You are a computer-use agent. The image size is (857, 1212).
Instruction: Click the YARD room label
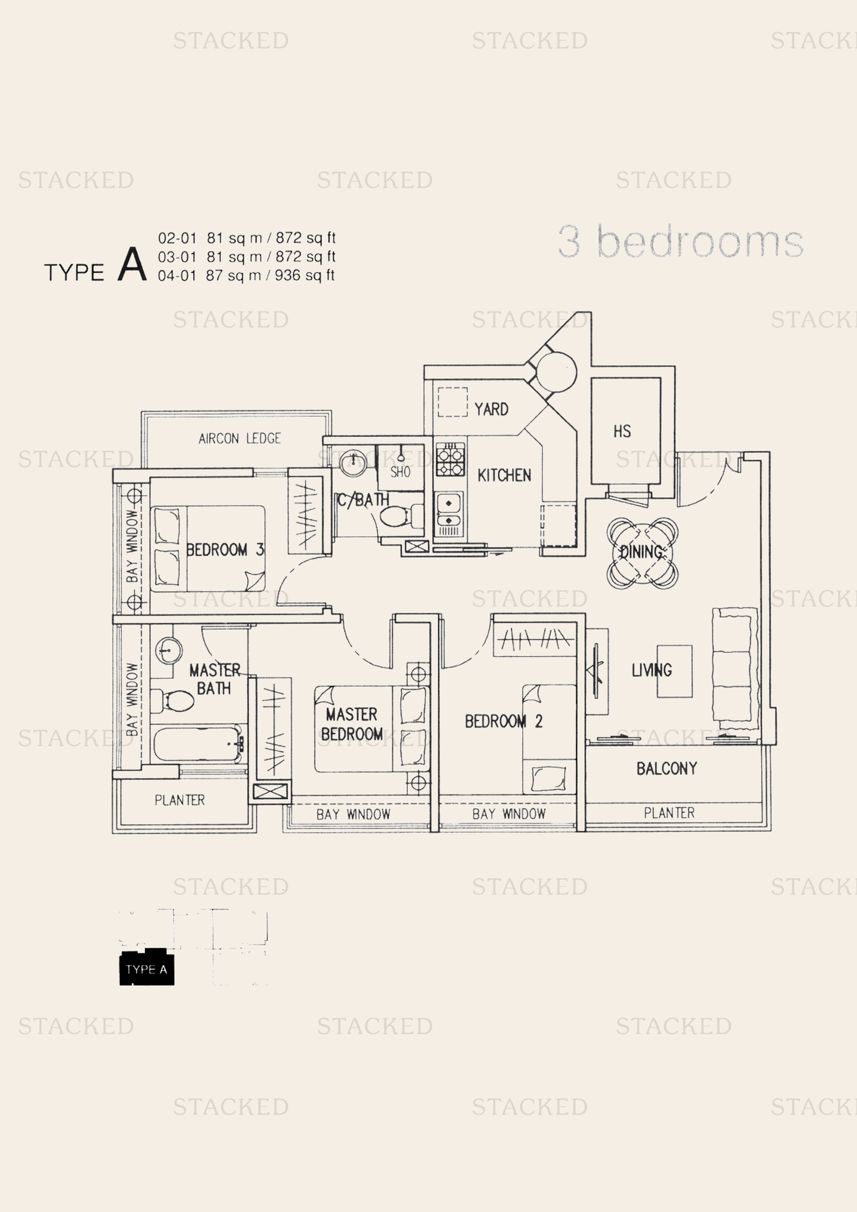click(x=491, y=409)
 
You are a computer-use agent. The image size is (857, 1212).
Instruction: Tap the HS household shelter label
click(x=622, y=431)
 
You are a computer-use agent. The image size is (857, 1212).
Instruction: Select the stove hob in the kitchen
click(x=450, y=460)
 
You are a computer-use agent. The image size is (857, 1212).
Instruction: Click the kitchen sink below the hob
click(x=449, y=510)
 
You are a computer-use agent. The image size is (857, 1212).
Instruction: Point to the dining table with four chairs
click(x=642, y=553)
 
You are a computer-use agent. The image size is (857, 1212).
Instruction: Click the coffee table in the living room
click(x=675, y=671)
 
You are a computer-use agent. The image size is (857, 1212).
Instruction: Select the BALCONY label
click(x=666, y=768)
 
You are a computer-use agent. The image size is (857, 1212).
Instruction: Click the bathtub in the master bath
click(x=198, y=744)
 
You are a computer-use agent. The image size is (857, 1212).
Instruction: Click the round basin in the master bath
click(x=169, y=650)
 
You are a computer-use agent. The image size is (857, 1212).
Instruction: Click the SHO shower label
click(x=400, y=472)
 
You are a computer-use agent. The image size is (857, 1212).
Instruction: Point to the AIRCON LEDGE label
click(x=239, y=438)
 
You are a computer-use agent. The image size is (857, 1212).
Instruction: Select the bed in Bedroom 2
click(x=549, y=739)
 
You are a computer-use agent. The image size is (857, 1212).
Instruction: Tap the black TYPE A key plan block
click(x=147, y=969)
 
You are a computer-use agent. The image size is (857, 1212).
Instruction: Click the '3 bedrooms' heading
click(x=680, y=242)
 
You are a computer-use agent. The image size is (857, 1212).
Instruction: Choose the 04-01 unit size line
click(x=246, y=276)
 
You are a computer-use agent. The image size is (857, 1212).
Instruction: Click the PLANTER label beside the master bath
click(x=179, y=800)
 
